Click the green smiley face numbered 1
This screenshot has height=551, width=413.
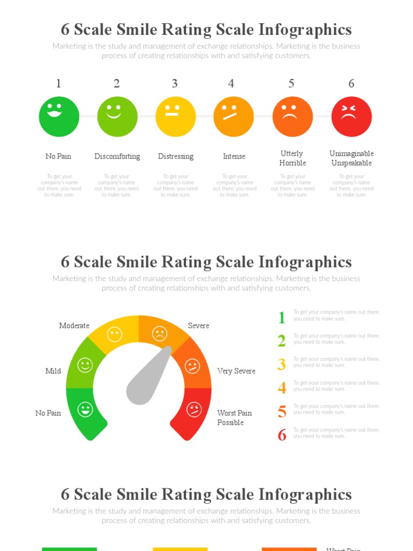59,116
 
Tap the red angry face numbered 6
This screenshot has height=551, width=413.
351,116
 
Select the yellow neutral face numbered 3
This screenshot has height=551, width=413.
175,116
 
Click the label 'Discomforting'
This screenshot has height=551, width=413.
117,157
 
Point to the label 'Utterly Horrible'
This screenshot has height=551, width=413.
293,158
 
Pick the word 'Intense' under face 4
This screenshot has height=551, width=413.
234,157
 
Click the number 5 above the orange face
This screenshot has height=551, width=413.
291,83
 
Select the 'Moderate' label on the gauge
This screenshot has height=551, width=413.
74,326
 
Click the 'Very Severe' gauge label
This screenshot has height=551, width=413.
236,371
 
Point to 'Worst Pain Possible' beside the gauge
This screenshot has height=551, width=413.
234,418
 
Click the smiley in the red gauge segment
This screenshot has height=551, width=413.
194,409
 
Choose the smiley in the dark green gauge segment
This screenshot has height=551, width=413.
85,409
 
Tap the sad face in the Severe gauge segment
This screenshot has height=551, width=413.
159,334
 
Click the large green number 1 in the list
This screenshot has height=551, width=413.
282,317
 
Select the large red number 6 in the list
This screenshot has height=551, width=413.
282,435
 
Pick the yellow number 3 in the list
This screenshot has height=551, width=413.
282,364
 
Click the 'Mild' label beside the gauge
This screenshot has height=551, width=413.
53,371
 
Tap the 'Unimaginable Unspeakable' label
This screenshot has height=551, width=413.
352,158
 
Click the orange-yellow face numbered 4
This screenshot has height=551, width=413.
233,116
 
